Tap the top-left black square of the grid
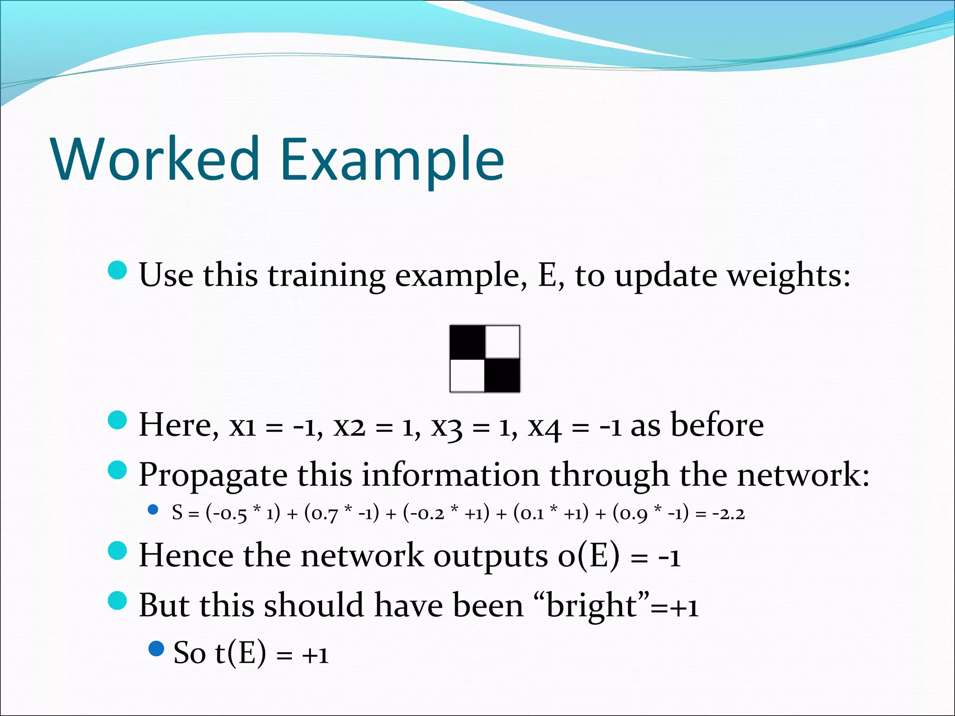tap(467, 342)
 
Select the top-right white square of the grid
tap(503, 342)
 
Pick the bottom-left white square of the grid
tap(467, 376)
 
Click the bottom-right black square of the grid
tap(503, 376)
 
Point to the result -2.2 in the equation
tap(728, 514)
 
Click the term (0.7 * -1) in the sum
tap(342, 514)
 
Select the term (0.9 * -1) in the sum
tap(651, 514)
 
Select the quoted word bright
tap(591, 606)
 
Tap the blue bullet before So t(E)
tap(156, 648)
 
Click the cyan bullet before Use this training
tap(117, 270)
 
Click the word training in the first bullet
tap(326, 276)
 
